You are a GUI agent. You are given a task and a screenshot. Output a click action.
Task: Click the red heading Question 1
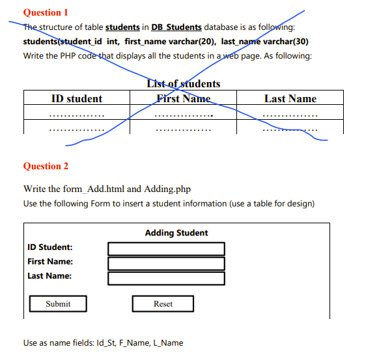tap(46, 12)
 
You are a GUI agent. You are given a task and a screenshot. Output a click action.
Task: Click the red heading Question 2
tap(46, 166)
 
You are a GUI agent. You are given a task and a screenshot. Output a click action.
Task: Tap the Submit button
tap(58, 304)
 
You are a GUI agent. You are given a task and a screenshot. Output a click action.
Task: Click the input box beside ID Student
tap(166, 249)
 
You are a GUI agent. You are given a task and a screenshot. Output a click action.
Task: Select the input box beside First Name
tap(166, 263)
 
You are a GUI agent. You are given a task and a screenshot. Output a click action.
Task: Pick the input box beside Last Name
tap(166, 278)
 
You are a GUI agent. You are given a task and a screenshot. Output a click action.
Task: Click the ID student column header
tap(76, 99)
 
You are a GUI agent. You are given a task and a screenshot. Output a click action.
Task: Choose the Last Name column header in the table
tap(290, 99)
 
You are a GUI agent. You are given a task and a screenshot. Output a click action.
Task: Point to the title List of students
tap(184, 83)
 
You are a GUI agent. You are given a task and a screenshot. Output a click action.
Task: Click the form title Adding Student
tap(176, 233)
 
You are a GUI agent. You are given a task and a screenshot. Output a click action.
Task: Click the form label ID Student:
tap(50, 247)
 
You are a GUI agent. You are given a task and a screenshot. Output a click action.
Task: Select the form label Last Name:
tap(49, 276)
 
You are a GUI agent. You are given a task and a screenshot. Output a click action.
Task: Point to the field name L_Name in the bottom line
tap(168, 342)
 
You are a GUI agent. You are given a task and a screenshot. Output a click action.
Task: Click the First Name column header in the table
tap(184, 99)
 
